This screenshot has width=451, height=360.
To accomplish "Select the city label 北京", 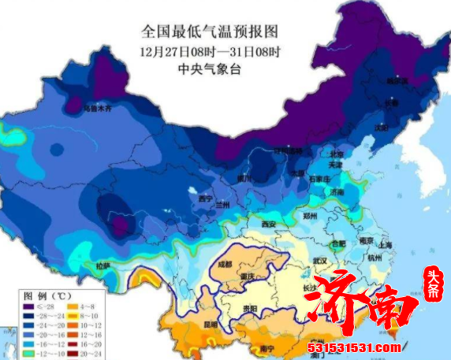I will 337,154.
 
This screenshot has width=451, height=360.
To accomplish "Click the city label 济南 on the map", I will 337,191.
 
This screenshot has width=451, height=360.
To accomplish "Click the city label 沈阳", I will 382,127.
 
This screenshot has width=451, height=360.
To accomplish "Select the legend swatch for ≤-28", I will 29,305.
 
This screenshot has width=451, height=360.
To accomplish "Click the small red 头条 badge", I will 433,291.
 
